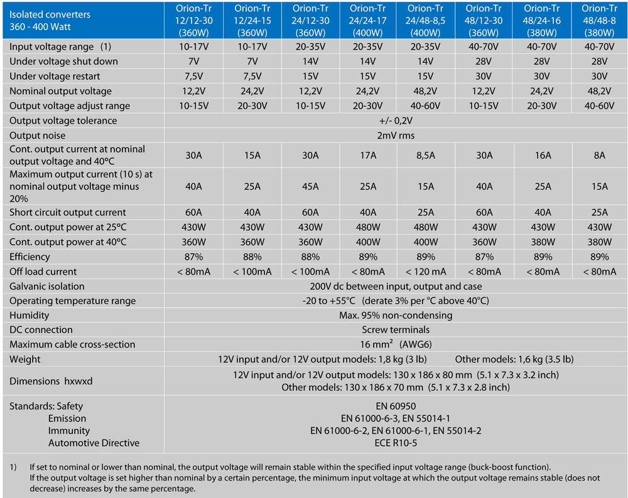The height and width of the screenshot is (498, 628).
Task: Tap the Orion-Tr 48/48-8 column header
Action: point(598,19)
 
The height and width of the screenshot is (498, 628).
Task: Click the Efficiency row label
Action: point(30,257)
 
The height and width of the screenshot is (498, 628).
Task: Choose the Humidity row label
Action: point(30,315)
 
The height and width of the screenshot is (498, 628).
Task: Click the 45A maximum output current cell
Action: point(308,186)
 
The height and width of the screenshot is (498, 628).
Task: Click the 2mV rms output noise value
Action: point(396,135)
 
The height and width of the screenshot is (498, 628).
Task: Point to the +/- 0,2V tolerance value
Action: point(396,120)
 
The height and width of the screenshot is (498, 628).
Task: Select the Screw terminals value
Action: point(396,330)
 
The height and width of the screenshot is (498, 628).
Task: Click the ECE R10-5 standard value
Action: point(396,443)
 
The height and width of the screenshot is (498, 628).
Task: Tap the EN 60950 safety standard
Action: point(396,406)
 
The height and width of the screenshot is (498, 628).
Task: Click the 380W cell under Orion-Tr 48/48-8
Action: point(598,241)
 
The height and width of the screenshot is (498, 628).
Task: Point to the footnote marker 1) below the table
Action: point(13,467)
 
